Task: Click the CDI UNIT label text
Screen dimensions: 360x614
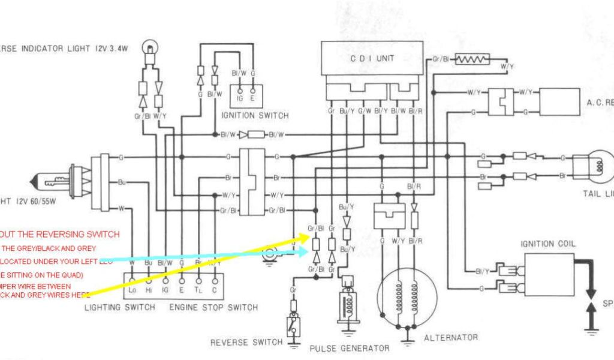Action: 372,58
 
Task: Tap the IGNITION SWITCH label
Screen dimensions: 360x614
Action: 255,115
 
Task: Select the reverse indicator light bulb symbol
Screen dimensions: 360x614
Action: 149,47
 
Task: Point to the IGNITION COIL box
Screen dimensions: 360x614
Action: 549,272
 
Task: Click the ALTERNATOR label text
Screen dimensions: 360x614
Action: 451,338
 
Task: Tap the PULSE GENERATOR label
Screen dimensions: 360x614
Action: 349,348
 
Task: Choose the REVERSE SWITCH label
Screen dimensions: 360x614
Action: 246,343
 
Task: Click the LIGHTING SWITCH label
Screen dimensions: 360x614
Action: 119,308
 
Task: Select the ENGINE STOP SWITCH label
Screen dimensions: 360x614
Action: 213,308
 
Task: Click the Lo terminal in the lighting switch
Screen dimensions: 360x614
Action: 133,290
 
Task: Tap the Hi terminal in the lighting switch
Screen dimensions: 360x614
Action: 148,290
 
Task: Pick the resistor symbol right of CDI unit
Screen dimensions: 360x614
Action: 472,59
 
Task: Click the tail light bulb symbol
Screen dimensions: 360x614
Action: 596,167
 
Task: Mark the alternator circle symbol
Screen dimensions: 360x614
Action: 405,298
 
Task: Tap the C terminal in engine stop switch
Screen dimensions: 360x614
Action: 213,290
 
